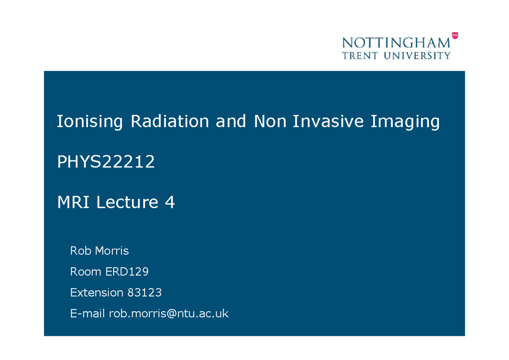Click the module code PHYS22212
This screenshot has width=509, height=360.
106,162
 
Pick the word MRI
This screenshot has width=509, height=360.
73,203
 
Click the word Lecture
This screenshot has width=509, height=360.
127,203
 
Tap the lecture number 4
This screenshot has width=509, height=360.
170,203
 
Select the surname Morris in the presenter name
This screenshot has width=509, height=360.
112,251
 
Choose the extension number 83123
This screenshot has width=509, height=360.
144,293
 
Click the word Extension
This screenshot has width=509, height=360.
96,293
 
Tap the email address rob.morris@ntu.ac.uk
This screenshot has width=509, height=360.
169,314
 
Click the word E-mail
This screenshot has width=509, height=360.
87,314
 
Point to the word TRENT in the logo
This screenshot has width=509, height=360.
359,56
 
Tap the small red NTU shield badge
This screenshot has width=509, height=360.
455,36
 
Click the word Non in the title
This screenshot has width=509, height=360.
267,122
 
